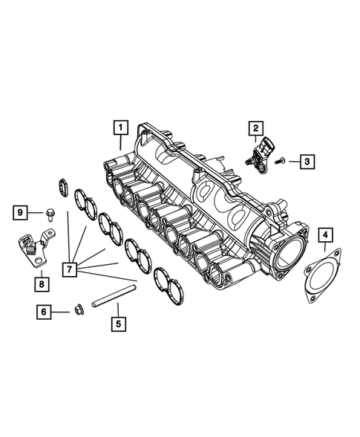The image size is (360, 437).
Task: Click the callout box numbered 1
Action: pyautogui.click(x=120, y=127)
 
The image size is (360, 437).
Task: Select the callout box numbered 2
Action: pyautogui.click(x=255, y=128)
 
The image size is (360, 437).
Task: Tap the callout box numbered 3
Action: pyautogui.click(x=306, y=160)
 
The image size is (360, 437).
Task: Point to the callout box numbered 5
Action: pyautogui.click(x=117, y=324)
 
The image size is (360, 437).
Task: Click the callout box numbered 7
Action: pyautogui.click(x=71, y=269)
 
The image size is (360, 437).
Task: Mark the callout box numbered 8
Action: pyautogui.click(x=42, y=283)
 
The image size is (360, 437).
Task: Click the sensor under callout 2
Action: pyautogui.click(x=258, y=154)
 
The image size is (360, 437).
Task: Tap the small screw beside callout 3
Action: pyautogui.click(x=280, y=160)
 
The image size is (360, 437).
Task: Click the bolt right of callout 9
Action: pyautogui.click(x=49, y=214)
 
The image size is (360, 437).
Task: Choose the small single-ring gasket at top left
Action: pyautogui.click(x=63, y=186)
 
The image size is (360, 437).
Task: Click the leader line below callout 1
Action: pyautogui.click(x=120, y=142)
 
